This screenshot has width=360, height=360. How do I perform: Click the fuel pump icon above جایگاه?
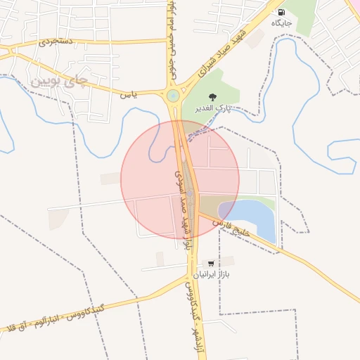pos(281,12)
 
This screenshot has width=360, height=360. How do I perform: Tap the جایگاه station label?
pos(281,23)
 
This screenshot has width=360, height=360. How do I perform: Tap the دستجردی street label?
pos(56,42)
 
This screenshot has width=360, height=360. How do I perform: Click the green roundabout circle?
pos(173,95)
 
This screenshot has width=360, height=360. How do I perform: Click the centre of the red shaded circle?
pos(180,179)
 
